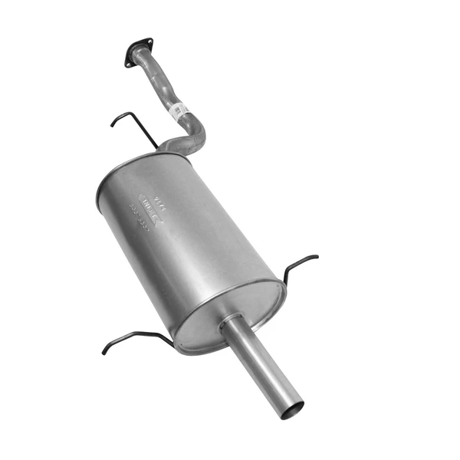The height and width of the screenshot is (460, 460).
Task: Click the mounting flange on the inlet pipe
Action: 139,53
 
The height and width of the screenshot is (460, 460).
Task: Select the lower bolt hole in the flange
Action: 130,64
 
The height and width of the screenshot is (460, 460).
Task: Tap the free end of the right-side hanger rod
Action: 315,258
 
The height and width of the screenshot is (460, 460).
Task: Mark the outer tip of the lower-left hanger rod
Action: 104,352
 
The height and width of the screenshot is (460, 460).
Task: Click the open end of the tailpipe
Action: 291,409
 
